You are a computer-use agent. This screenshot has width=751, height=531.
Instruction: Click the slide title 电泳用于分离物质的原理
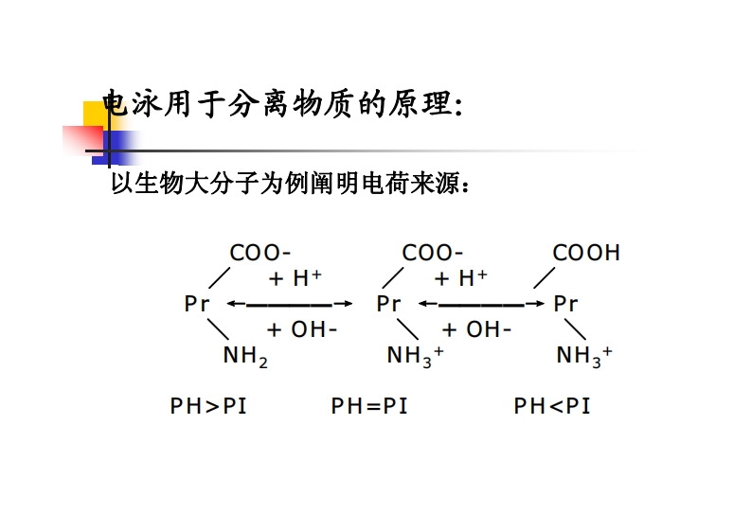click(281, 104)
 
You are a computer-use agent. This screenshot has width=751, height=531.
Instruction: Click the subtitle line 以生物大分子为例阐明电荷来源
click(290, 183)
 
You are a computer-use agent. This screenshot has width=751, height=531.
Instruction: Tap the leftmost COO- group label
click(260, 253)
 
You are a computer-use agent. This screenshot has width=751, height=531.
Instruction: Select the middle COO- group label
click(433, 253)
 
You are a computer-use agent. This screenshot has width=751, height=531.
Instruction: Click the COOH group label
click(586, 253)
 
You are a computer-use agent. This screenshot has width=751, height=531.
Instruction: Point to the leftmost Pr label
click(197, 304)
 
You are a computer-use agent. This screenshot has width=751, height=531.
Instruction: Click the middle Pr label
click(388, 304)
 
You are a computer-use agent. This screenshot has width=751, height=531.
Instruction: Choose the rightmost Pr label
click(565, 304)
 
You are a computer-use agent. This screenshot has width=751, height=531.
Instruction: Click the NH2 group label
click(245, 357)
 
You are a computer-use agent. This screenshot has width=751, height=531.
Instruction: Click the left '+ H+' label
click(295, 278)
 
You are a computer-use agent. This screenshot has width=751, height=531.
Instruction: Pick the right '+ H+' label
click(460, 278)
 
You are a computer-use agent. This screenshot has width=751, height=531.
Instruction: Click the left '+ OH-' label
click(302, 329)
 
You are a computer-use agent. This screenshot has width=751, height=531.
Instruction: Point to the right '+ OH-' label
click(476, 329)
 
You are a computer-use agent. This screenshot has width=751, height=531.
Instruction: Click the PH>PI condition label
click(208, 406)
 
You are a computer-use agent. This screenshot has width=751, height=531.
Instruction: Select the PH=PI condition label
click(369, 406)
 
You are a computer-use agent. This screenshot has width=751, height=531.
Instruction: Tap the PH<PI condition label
click(552, 406)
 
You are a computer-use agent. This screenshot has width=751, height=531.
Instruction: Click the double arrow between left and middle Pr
click(289, 304)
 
